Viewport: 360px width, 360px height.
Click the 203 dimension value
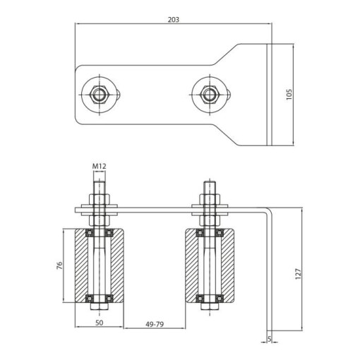click(x=174, y=20)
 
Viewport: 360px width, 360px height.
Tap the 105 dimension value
click(x=289, y=94)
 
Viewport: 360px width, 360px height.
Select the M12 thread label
click(x=99, y=167)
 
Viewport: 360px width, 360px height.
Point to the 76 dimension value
click(x=60, y=265)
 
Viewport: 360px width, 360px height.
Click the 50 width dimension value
click(x=100, y=323)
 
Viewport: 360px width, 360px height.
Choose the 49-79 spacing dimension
click(x=155, y=324)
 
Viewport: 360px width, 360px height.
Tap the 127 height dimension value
click(x=298, y=274)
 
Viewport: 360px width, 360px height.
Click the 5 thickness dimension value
click(x=270, y=339)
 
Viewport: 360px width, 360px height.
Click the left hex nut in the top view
click(x=99, y=95)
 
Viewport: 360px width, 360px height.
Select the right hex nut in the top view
click(x=210, y=95)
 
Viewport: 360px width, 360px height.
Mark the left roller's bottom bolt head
click(x=99, y=306)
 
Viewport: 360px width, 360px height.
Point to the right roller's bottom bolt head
click(x=210, y=306)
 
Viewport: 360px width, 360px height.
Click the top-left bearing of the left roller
click(x=90, y=233)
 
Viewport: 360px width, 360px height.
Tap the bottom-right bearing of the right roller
click(x=220, y=299)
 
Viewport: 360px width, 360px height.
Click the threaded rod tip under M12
click(x=99, y=181)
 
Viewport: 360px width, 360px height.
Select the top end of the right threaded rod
click(x=210, y=181)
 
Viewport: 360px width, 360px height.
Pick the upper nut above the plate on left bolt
click(x=99, y=199)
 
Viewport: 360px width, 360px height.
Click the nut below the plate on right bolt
click(x=210, y=220)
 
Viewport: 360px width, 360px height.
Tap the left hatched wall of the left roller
click(x=81, y=265)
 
